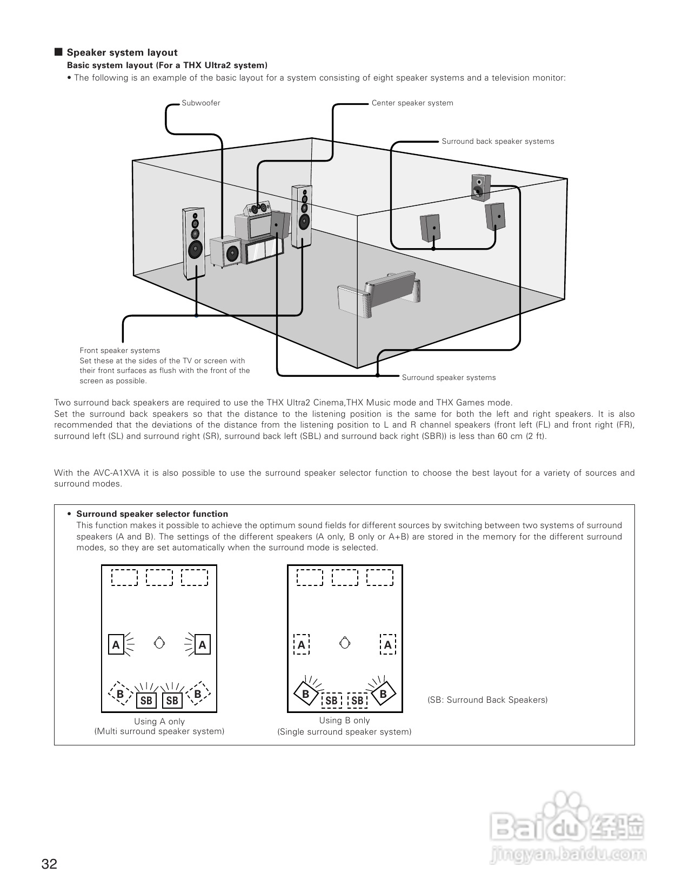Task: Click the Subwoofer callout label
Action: [x=200, y=103]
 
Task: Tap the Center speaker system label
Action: [x=412, y=103]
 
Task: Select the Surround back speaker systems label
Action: [x=498, y=142]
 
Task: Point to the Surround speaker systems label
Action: [x=449, y=377]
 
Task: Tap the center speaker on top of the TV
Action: [x=258, y=208]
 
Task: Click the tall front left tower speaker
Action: [x=194, y=243]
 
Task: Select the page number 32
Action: [x=49, y=864]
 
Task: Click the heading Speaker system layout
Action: [x=122, y=52]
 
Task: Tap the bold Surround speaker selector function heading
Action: [x=152, y=514]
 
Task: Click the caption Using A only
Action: [x=159, y=722]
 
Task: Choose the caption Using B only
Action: [x=344, y=721]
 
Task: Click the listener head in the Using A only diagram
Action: [x=159, y=643]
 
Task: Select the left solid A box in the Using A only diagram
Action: [x=116, y=644]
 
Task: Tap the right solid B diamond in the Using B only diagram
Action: [x=383, y=694]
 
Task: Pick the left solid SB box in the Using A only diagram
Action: [x=146, y=701]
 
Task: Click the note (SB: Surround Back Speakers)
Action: [x=487, y=700]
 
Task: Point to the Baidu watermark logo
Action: [x=568, y=827]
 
